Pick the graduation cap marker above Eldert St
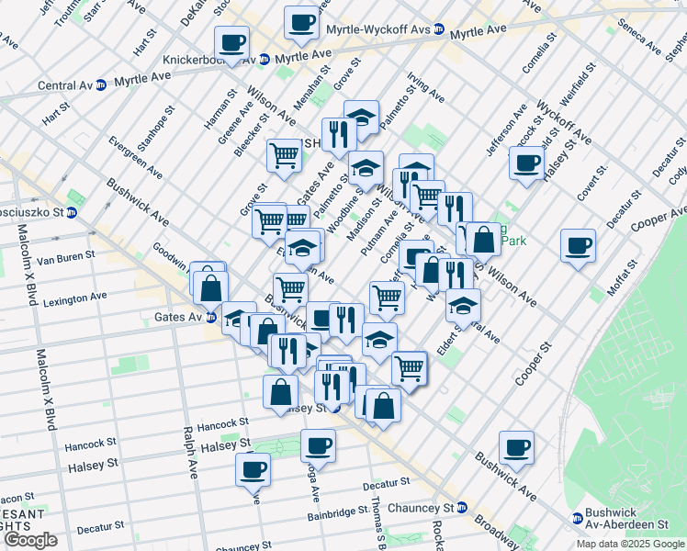[x=464, y=304]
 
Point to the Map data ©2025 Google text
[x=629, y=544]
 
